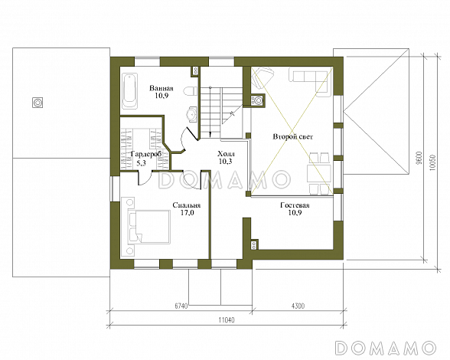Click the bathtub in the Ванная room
coord(130,91)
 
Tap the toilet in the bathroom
coord(191,91)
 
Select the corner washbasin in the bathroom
coord(191,115)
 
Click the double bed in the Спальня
coord(148,227)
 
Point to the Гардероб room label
coord(145,154)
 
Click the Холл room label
coord(226,154)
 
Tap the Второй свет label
coord(292,137)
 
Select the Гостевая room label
coord(295,205)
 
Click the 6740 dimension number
coord(181,306)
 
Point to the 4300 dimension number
coord(298,306)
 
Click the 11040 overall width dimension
coord(227,319)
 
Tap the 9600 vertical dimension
coord(419,157)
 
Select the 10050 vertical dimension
coord(432,163)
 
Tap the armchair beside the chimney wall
coord(262,77)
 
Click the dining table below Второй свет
coord(318,173)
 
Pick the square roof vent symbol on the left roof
coord(37,103)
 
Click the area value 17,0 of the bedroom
coord(187,213)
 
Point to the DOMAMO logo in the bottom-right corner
coord(386,348)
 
